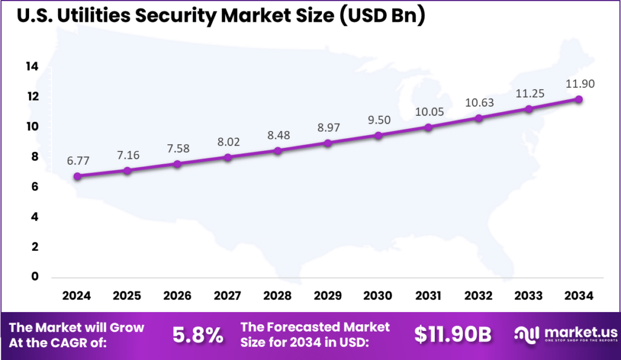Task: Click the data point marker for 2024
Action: tap(77, 176)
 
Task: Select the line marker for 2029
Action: tap(328, 143)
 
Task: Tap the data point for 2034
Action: tap(579, 99)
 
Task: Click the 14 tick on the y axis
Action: tap(32, 67)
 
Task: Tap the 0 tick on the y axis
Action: tap(35, 277)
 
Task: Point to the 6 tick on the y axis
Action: tap(35, 187)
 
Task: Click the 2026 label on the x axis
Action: tap(177, 296)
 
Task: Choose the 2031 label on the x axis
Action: tap(428, 296)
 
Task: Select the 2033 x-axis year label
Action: tap(528, 296)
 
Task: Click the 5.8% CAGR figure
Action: tap(198, 335)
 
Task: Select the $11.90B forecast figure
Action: tap(452, 335)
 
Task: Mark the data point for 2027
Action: tap(227, 158)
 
